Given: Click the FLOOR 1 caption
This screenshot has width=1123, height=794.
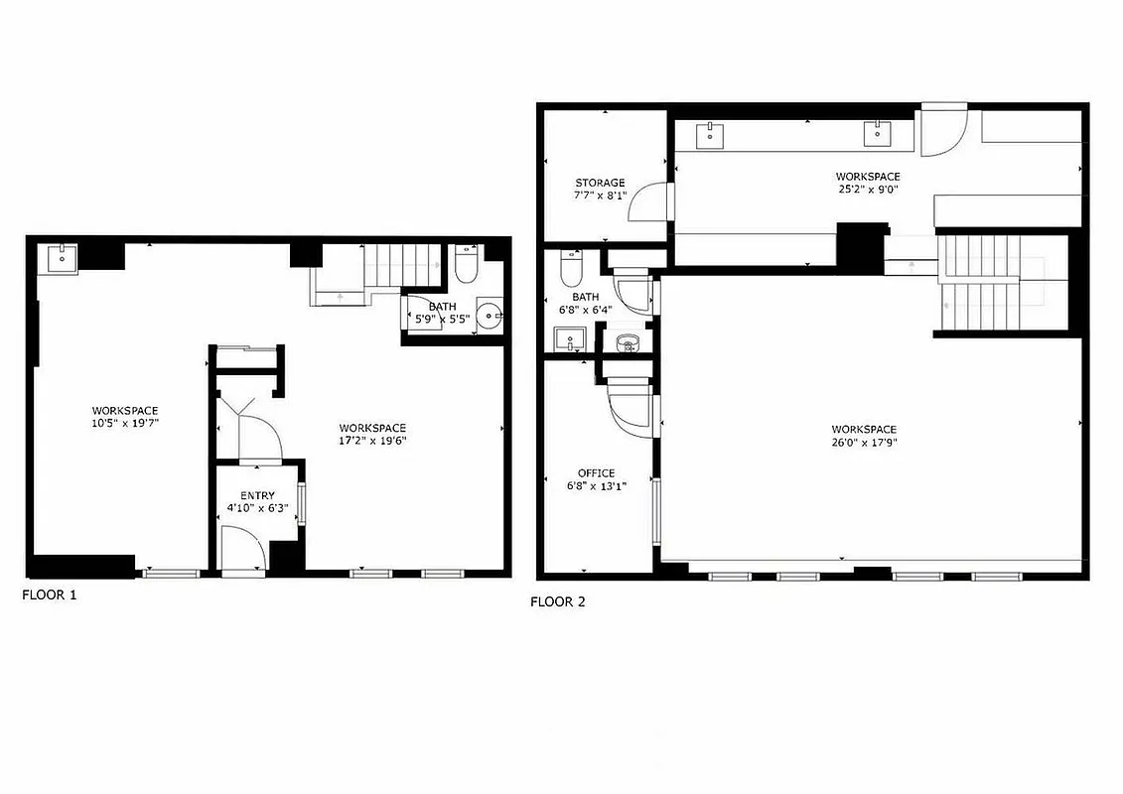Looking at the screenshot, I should pyautogui.click(x=49, y=595).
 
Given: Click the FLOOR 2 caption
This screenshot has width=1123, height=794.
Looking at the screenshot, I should pyautogui.click(x=557, y=601).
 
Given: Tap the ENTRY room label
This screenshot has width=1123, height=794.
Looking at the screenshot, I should pyautogui.click(x=257, y=495).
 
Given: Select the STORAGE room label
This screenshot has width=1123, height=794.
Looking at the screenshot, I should pyautogui.click(x=600, y=183).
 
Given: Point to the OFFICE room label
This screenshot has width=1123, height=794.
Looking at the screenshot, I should pyautogui.click(x=596, y=473).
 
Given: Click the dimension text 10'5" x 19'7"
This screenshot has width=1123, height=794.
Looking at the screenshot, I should pyautogui.click(x=125, y=423).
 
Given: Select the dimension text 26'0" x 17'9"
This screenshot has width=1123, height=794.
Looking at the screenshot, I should pyautogui.click(x=864, y=443).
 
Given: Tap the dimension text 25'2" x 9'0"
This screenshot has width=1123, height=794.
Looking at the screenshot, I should pyautogui.click(x=867, y=190).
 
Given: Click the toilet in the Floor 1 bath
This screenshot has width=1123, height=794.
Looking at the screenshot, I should pyautogui.click(x=466, y=264).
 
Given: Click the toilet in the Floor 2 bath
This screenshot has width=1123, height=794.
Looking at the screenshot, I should pyautogui.click(x=571, y=269).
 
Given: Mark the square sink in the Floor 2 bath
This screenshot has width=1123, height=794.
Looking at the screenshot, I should pyautogui.click(x=569, y=339).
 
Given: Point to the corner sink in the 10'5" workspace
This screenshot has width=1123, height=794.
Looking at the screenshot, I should pyautogui.click(x=62, y=257).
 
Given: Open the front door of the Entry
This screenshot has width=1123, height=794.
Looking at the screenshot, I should pyautogui.click(x=241, y=549).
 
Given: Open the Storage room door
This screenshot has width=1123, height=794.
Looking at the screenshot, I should pyautogui.click(x=651, y=202).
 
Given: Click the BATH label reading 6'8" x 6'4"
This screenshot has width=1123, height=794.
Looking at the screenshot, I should pyautogui.click(x=585, y=303).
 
